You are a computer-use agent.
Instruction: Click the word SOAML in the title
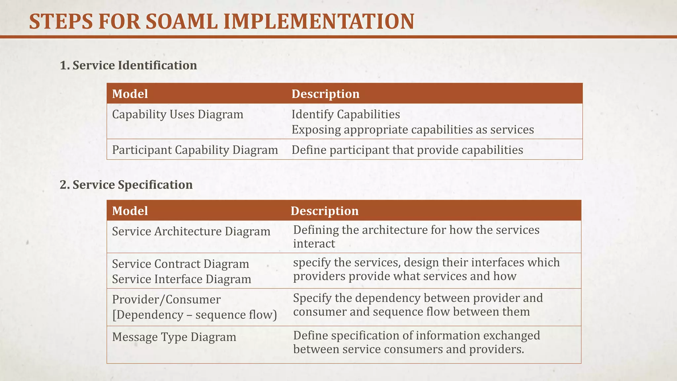point(181,22)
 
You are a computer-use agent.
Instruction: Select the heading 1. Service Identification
point(128,65)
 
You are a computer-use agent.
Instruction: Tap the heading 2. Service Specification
point(126,185)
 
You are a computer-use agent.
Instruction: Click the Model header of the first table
point(130,94)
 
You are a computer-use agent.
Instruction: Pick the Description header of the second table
point(324,211)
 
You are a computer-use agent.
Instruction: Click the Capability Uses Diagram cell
point(178,114)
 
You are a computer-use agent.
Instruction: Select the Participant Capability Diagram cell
point(195,150)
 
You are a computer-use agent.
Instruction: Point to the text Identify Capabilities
point(345,114)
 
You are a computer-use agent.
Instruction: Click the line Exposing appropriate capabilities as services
point(413,130)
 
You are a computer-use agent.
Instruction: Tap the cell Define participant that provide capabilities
point(407,150)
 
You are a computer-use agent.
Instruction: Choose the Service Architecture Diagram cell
point(191,231)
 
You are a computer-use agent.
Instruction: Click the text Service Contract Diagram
point(180,264)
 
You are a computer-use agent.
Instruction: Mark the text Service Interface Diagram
point(181,279)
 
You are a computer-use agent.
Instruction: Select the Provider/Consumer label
point(166,299)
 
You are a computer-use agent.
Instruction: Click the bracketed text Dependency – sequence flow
point(194,315)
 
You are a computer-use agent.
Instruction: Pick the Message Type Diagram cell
point(174,337)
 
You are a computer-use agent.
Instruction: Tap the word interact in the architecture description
point(314,244)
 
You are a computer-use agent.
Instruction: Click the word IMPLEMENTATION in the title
point(319,22)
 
